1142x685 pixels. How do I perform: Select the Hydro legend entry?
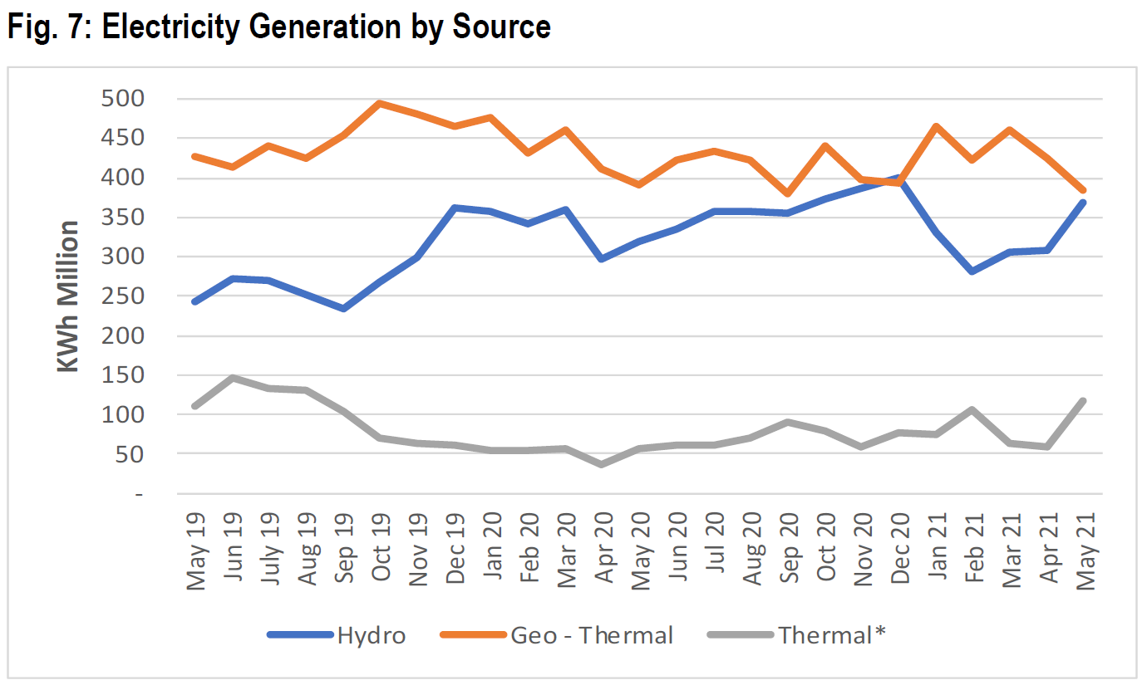[x=371, y=636]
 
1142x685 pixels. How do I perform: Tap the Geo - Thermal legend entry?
[x=591, y=636]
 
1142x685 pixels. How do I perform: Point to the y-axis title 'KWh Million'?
[x=68, y=296]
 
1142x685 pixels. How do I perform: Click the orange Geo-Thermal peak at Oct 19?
[x=379, y=104]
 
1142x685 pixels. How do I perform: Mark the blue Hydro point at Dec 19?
[x=454, y=208]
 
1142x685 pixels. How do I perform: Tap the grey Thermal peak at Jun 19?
[x=233, y=378]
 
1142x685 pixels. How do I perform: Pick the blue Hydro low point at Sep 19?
[x=342, y=309]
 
